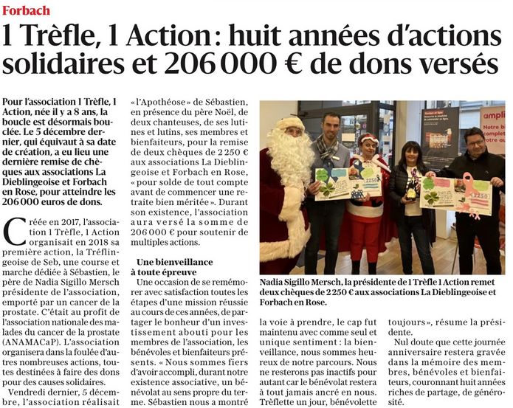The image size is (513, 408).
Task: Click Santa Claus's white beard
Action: (x=289, y=156)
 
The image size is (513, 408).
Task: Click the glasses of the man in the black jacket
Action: (x=475, y=143)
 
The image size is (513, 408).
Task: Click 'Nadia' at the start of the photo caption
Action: (x=275, y=283)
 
